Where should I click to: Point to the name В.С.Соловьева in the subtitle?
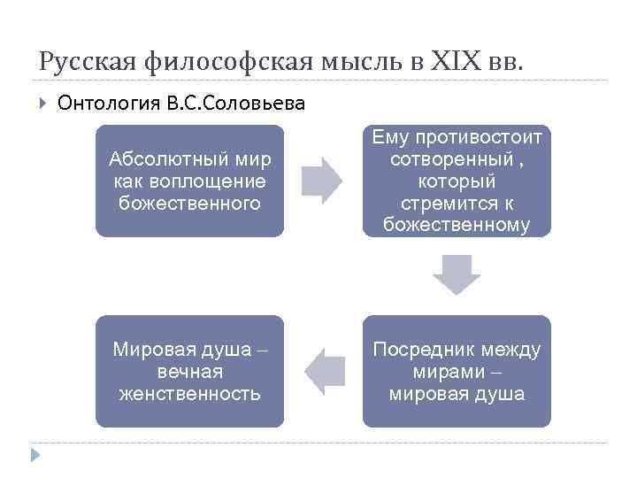(234, 104)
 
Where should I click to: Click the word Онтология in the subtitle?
(107, 104)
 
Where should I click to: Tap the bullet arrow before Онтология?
(42, 104)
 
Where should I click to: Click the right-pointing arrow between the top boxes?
(321, 181)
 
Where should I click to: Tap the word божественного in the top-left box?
(189, 203)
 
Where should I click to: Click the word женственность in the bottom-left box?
(189, 393)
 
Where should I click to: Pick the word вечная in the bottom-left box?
(189, 372)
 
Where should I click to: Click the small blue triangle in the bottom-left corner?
(35, 455)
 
